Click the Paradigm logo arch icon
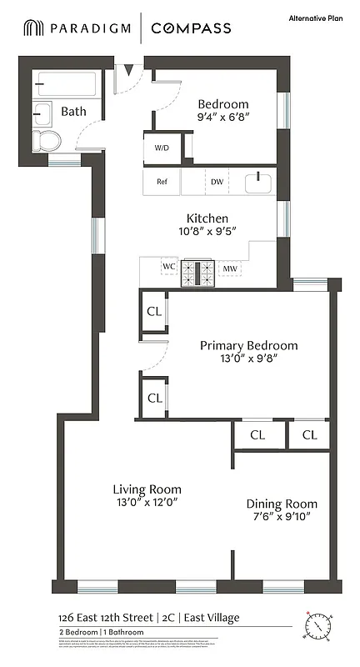[33, 28]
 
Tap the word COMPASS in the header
[191, 28]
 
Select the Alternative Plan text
[317, 18]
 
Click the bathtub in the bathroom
[67, 86]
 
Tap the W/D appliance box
[162, 148]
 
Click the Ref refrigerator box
[162, 181]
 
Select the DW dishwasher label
[217, 181]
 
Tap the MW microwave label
[228, 269]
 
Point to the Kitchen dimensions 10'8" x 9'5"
[207, 233]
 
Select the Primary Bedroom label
[248, 345]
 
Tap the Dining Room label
[282, 504]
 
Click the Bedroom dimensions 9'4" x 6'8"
[222, 118]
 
